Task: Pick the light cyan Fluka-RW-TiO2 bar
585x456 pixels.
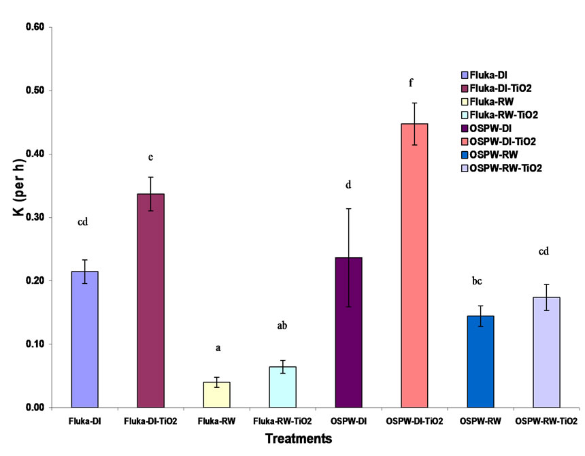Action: click(282, 387)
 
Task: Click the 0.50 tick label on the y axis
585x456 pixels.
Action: click(34, 91)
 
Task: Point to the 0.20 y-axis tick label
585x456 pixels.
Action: click(34, 280)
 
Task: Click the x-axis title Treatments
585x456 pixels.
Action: click(299, 439)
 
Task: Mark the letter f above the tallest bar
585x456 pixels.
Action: click(411, 83)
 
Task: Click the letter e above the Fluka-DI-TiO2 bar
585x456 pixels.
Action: click(150, 158)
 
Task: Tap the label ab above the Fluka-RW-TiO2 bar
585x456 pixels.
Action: click(282, 325)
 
